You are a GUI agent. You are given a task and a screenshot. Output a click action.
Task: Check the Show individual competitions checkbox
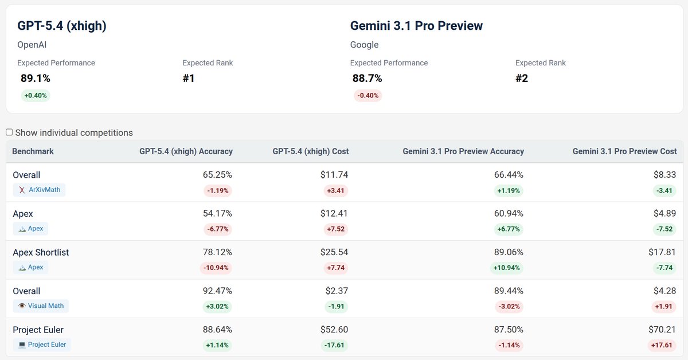(x=9, y=132)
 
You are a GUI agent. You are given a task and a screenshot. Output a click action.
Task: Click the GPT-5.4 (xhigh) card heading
(x=62, y=26)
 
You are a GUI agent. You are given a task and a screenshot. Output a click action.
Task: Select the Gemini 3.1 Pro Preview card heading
(x=416, y=26)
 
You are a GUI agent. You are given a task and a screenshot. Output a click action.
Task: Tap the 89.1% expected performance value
(x=36, y=79)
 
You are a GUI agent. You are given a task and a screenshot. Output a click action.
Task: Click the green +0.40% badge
(x=36, y=96)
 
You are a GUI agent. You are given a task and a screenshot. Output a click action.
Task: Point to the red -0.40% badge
(x=368, y=96)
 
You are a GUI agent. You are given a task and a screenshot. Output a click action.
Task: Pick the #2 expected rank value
(x=522, y=79)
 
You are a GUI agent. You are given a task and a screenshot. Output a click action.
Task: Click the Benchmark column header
(x=33, y=151)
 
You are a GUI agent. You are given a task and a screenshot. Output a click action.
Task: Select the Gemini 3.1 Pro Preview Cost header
(x=624, y=151)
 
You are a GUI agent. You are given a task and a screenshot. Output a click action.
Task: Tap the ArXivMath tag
(x=39, y=190)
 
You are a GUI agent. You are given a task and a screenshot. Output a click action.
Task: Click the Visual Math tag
(x=41, y=306)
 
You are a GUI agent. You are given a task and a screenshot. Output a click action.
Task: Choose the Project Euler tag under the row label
(x=42, y=345)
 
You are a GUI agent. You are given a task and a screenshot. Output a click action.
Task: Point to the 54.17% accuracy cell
(x=217, y=214)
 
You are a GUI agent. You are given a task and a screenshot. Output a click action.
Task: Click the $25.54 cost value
(x=334, y=252)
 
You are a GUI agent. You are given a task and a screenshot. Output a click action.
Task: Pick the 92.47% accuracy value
(x=217, y=291)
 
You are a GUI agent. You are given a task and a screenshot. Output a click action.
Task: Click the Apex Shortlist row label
(x=41, y=252)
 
